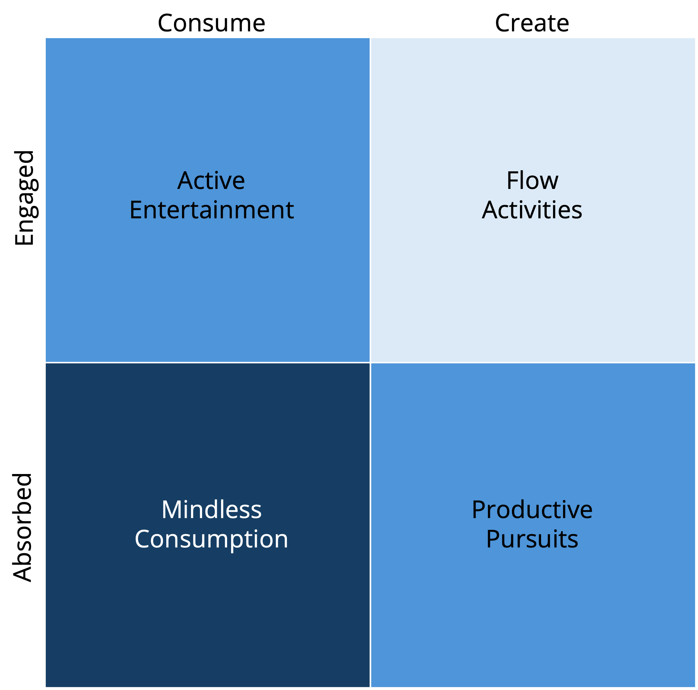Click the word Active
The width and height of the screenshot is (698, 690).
211,181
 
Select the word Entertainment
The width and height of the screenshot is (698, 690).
211,210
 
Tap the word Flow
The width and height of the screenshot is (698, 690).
532,181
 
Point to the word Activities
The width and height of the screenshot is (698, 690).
532,210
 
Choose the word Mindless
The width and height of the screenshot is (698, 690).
211,510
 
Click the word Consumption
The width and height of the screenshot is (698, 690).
211,539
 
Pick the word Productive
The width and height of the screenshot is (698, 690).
532,510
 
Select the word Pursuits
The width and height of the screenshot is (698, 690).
532,539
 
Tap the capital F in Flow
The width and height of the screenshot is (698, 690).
512,181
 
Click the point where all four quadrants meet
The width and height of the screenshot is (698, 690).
370,363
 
